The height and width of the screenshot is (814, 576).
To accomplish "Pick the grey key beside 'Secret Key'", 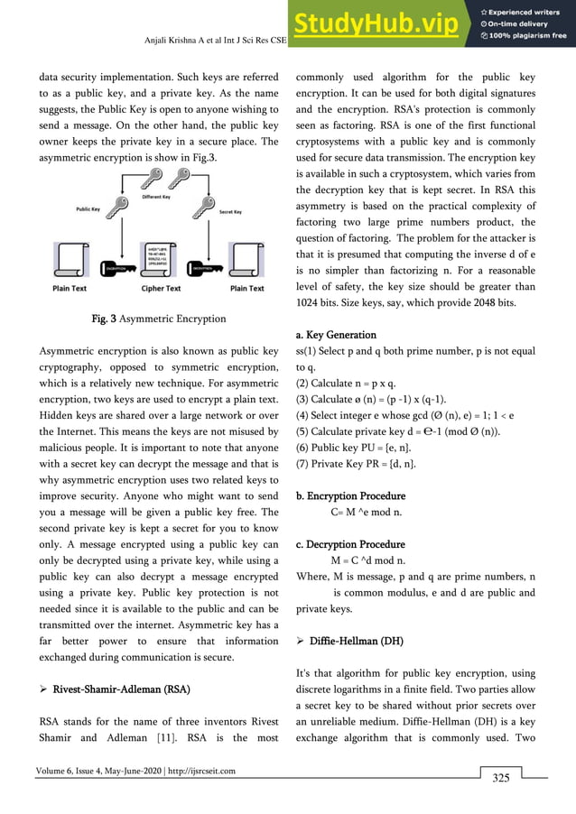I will tap(203, 209).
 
